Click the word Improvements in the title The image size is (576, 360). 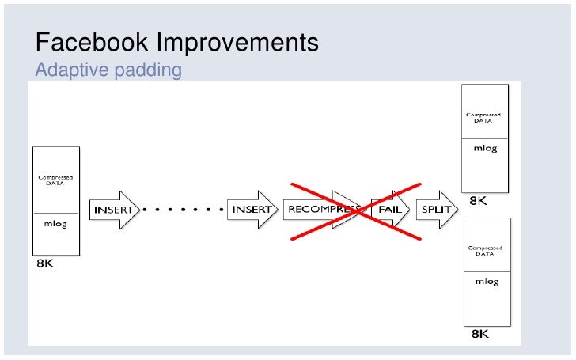click(x=237, y=44)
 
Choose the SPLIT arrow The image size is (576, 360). click(x=436, y=210)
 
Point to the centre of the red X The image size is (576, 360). click(x=353, y=210)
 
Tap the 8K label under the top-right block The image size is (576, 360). click(x=479, y=201)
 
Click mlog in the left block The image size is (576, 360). click(x=55, y=223)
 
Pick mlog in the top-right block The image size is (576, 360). click(x=485, y=149)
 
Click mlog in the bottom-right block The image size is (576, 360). click(x=486, y=282)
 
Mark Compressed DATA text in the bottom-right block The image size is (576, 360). click(x=486, y=252)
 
